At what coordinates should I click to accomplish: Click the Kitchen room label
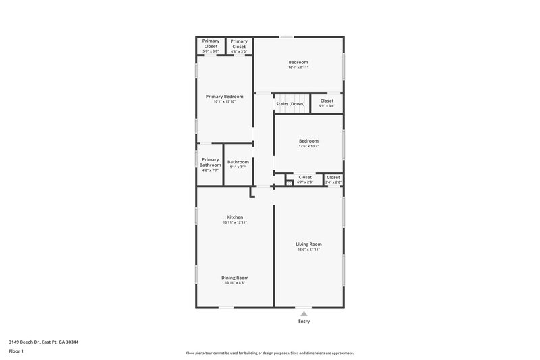[234, 217]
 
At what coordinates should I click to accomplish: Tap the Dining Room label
[235, 278]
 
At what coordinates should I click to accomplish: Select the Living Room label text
[308, 244]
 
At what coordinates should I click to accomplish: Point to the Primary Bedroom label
[224, 97]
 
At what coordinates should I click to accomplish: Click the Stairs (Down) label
[290, 103]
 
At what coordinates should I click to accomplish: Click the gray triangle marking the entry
[304, 313]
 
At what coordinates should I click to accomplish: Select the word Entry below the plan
[304, 322]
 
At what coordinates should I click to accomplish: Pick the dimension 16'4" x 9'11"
[298, 68]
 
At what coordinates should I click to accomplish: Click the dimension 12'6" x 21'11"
[308, 249]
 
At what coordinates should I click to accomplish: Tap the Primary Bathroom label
[210, 162]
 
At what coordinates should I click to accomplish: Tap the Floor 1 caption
[17, 351]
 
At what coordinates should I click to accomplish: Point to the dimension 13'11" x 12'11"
[234, 222]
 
